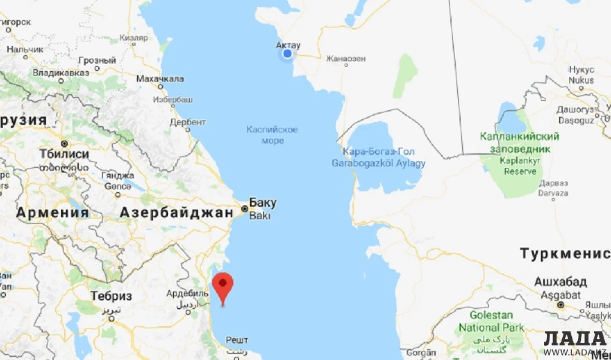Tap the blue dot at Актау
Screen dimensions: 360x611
[x=288, y=53]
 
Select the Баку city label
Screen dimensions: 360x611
[x=263, y=203]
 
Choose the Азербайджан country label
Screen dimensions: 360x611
[x=176, y=213]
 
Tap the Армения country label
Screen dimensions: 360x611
[x=52, y=213]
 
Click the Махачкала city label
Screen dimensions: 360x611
[x=160, y=79]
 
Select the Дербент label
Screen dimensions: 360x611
[x=188, y=122]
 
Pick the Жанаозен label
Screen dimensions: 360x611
[x=346, y=59]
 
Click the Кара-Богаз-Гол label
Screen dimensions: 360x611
[x=379, y=152]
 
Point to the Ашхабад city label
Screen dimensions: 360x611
[x=560, y=282]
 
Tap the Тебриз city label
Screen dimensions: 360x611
[x=111, y=296]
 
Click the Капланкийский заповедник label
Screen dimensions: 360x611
[x=519, y=143]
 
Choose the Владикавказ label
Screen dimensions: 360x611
[x=61, y=72]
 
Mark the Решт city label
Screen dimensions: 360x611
[x=237, y=340]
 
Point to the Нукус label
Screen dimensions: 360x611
[x=581, y=70]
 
